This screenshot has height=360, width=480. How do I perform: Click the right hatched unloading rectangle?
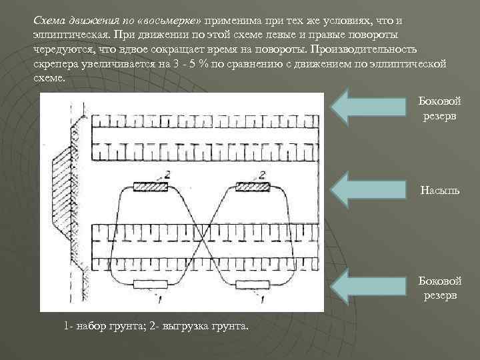point(251,187)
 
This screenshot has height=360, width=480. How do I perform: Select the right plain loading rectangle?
point(251,285)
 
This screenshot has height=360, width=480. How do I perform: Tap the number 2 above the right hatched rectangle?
point(263,175)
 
